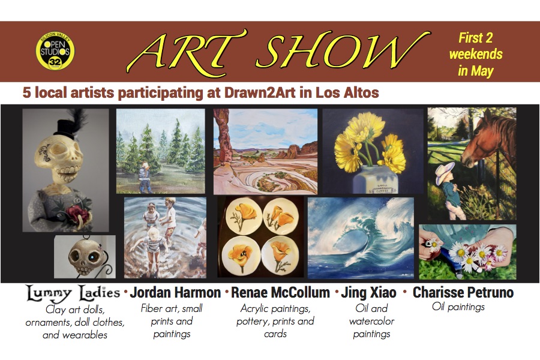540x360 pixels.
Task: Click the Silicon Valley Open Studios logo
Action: click(55, 52)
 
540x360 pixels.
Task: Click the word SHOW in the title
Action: click(343, 51)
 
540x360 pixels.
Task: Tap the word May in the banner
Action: click(482, 71)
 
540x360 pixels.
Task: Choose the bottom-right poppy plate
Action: click(280, 255)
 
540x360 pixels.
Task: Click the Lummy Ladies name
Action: click(73, 293)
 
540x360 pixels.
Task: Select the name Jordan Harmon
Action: click(175, 292)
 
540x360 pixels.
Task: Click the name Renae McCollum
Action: click(280, 292)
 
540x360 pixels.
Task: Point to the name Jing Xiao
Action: click(368, 293)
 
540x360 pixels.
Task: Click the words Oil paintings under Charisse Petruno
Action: click(458, 307)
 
